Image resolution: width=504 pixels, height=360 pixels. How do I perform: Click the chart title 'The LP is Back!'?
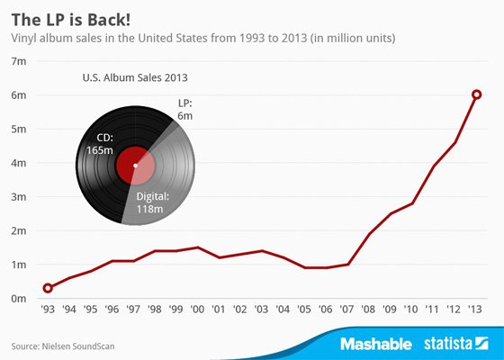pyautogui.click(x=71, y=20)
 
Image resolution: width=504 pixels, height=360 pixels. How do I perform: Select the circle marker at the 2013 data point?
pyautogui.click(x=477, y=94)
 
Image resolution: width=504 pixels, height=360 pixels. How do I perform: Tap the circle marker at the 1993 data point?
pyautogui.click(x=48, y=288)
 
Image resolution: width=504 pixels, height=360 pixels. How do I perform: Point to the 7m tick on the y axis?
pyautogui.click(x=19, y=61)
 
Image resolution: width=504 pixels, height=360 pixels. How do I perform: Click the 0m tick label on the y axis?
pyautogui.click(x=19, y=299)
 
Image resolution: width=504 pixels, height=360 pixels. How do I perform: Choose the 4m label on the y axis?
pyautogui.click(x=19, y=163)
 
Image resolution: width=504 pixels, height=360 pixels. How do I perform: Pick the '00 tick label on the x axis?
pyautogui.click(x=197, y=310)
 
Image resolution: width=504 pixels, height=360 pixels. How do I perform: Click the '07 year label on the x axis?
pyautogui.click(x=346, y=310)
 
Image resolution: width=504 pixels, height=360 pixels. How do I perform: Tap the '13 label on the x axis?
pyautogui.click(x=475, y=310)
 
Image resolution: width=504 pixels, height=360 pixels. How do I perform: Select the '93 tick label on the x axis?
pyautogui.click(x=48, y=310)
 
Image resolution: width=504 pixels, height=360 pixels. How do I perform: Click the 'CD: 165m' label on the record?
pyautogui.click(x=100, y=144)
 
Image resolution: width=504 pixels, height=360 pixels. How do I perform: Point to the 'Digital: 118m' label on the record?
pyautogui.click(x=152, y=202)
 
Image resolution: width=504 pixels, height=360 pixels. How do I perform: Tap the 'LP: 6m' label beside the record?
pyautogui.click(x=184, y=109)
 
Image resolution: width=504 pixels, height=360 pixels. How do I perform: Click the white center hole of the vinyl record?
pyautogui.click(x=135, y=166)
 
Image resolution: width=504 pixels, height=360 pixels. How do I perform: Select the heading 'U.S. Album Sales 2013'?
pyautogui.click(x=135, y=77)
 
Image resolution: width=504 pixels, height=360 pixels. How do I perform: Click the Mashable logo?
pyautogui.click(x=376, y=344)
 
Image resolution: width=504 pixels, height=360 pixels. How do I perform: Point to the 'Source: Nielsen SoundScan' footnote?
pyautogui.click(x=63, y=346)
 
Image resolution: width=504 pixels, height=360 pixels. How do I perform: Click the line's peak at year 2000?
pyautogui.click(x=197, y=247)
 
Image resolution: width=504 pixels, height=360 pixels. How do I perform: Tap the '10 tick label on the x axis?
pyautogui.click(x=410, y=310)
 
